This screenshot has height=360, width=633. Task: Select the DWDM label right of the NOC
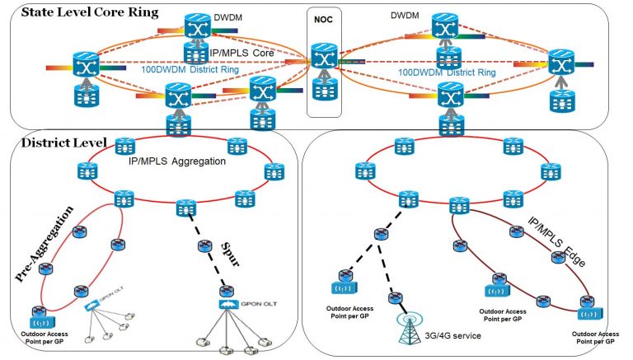tap(405, 15)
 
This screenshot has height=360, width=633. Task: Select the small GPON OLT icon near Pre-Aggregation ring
tap(92, 306)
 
